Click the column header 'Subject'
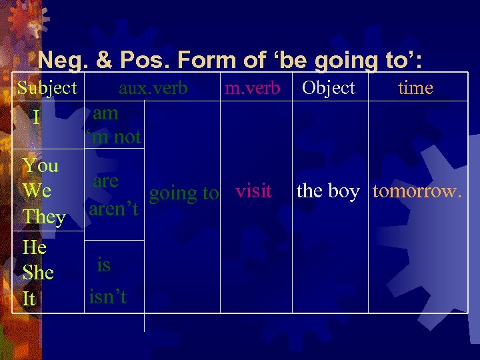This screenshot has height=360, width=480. pos(47,88)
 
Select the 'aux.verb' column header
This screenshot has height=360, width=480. pos(153,88)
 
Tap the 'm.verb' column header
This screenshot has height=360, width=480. pos(252,88)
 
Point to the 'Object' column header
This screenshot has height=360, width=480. pos(328,88)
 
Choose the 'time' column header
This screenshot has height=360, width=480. pos(415,88)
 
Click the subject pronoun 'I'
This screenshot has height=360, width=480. pos(37,118)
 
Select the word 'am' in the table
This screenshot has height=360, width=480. pos(106,113)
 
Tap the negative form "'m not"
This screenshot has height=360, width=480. pos(114,137)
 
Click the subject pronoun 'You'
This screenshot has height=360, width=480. pos(41,165)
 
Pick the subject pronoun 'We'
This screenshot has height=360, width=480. pos(37,191)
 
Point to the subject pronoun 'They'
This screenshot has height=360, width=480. pos(43,217)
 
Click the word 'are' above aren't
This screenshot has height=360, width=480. pos(106,181)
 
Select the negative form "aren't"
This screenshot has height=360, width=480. pos(113,209)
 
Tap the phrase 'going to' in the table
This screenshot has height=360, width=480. pos(183,193)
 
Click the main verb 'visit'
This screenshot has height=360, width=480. pos(253,191)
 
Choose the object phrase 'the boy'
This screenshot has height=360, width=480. pos(327,191)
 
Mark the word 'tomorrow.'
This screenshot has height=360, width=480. pos(417,191)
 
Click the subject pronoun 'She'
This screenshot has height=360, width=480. pos(38,273)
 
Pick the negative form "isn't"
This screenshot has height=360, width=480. pos(107,297)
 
